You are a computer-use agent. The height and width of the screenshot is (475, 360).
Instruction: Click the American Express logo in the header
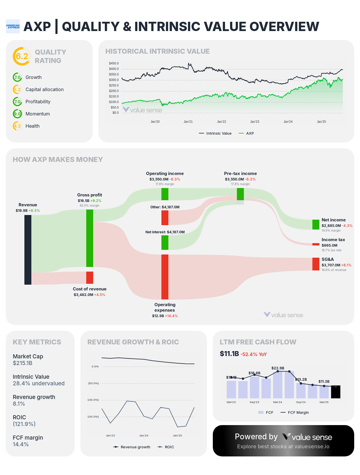coord(13,26)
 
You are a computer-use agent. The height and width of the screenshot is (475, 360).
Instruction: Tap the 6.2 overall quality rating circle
coord(22,56)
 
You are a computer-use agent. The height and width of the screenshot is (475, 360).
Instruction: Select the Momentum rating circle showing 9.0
coord(17,114)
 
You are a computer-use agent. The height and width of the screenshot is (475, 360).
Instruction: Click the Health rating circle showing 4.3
coord(17,126)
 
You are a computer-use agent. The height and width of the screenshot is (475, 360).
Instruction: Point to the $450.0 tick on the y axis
coord(114,63)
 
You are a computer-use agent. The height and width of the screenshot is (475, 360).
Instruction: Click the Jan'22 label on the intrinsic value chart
coord(222,122)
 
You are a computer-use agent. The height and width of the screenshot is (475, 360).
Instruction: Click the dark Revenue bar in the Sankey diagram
coord(28,250)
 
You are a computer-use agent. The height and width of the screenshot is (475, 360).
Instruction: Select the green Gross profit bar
coord(90,238)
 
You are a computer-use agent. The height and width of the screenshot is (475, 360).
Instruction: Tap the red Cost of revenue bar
coord(90,278)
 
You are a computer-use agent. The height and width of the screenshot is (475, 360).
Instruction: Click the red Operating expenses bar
coord(165,277)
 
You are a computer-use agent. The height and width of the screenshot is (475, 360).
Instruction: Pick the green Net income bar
coord(316,225)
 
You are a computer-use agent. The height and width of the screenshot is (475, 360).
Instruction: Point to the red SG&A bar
coord(316,264)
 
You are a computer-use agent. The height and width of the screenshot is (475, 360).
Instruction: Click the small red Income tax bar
coord(316,244)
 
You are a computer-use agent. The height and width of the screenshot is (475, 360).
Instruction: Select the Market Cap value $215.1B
coord(23,363)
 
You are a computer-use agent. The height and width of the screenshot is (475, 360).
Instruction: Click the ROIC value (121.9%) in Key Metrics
coord(24,424)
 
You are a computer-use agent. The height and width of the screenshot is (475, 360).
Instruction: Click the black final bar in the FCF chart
coord(336,392)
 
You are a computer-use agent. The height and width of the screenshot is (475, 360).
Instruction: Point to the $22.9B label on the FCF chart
coord(278,368)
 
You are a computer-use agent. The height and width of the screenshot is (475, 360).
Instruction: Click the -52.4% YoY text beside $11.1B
coord(253,354)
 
